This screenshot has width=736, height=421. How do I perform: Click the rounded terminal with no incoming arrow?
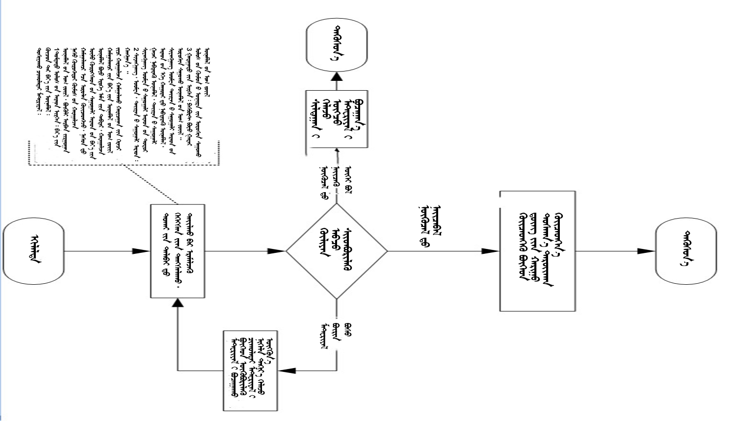33,251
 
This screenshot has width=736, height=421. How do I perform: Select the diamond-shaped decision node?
337,251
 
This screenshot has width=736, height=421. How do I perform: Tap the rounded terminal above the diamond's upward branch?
337,45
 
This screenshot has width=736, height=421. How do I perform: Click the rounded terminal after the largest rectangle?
685,251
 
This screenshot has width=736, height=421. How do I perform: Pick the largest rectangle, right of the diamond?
537,251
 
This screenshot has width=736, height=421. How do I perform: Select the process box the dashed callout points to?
177,251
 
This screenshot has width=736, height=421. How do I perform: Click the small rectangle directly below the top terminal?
337,119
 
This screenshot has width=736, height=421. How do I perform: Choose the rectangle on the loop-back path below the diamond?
250,371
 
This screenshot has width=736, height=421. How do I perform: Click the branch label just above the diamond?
337,181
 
